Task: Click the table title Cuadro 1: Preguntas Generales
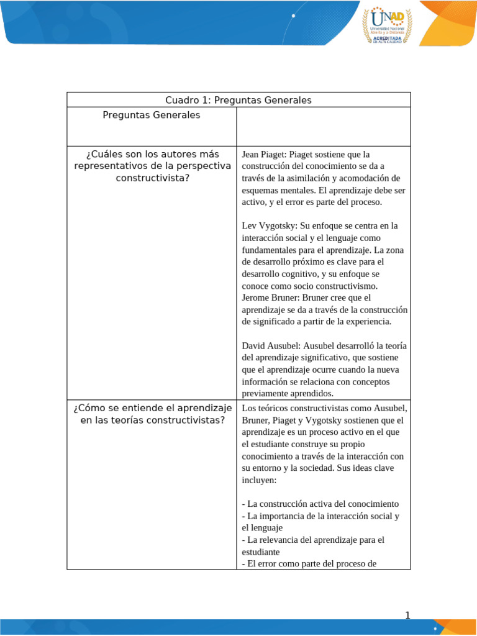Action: point(238,100)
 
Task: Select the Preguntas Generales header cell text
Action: point(152,116)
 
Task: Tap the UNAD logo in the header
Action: point(386,25)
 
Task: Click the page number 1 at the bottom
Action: point(407,616)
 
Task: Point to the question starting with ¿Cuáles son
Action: point(152,166)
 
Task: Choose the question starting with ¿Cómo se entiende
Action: point(152,414)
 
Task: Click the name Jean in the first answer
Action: point(252,154)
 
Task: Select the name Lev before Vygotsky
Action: point(250,225)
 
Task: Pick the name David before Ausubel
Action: point(254,345)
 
